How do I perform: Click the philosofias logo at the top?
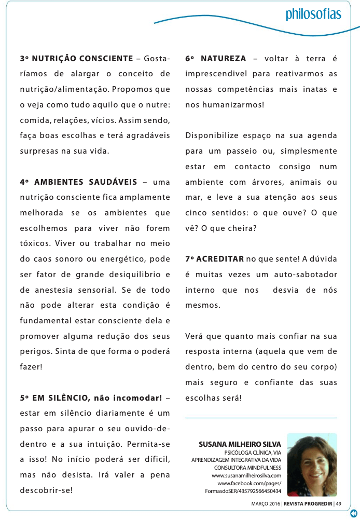pos(313,13)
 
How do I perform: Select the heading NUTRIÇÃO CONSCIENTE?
pos(84,58)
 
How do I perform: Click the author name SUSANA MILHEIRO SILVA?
pos(240,444)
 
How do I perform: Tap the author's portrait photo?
pos(312,465)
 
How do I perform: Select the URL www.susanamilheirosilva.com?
pos(246,475)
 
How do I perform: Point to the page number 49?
pos(339,503)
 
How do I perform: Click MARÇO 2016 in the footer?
pos(267,503)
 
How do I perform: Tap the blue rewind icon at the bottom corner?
pos(354,513)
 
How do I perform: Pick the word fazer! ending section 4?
pos(31,366)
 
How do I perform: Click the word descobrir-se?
pos(46,490)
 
